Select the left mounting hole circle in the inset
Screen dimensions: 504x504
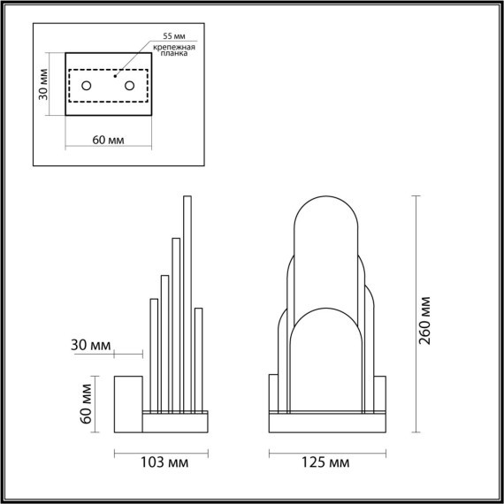click(88, 86)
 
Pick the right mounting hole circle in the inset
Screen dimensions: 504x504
click(130, 86)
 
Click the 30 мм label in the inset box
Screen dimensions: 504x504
click(44, 87)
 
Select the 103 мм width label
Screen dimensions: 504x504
click(161, 462)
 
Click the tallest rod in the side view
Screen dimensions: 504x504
click(187, 301)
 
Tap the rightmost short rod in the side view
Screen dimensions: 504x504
click(198, 358)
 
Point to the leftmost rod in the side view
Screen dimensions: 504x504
click(155, 354)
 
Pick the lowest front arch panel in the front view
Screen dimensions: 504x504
click(326, 363)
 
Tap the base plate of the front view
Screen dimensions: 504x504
click(327, 423)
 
